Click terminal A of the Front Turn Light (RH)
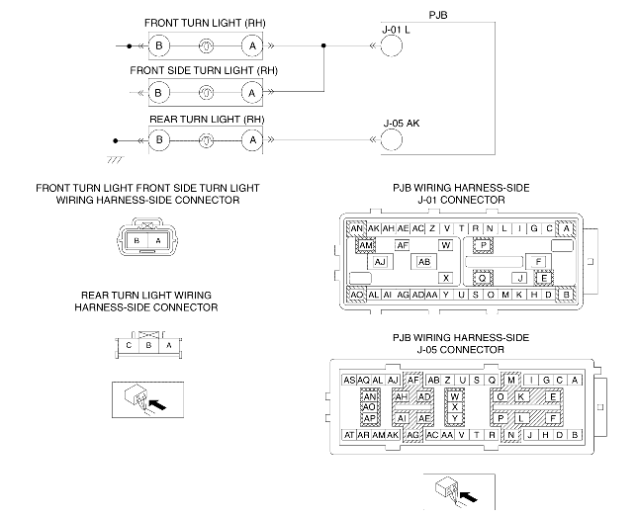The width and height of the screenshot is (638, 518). pos(252,45)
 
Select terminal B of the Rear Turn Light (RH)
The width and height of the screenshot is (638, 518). pos(159,140)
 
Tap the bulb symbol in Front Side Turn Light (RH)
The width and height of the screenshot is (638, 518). pos(206,93)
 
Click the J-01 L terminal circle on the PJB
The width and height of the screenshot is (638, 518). pos(392,45)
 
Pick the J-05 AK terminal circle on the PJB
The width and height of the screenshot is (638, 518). pos(392,139)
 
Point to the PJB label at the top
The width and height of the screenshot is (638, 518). pos(438,15)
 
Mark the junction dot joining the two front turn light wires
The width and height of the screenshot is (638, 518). pos(323,45)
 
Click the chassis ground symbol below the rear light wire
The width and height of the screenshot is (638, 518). pos(115,159)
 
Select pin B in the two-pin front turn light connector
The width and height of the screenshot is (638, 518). pos(137,240)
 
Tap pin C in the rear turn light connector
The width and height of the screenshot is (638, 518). pos(129,345)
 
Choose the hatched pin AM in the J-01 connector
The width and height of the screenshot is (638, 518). pos(366,245)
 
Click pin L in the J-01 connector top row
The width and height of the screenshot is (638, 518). pos(504,228)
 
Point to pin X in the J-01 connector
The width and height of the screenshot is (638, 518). pos(446,278)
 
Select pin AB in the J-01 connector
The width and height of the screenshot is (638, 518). pos(424,262)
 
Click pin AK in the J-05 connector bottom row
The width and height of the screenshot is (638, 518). pos(393,435)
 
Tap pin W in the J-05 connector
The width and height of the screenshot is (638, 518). pos(454,396)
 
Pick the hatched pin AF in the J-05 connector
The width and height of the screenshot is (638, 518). pos(413,381)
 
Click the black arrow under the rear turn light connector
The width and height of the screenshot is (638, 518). pos(158,404)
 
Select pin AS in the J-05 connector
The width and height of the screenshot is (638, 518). pos(349,381)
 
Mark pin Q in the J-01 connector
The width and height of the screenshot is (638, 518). pos(483,279)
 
